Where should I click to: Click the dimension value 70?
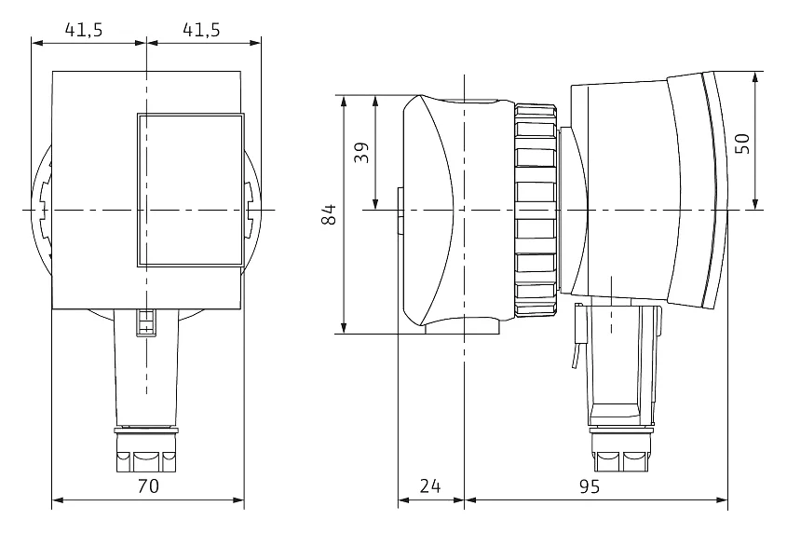(148, 485)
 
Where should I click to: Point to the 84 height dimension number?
(329, 214)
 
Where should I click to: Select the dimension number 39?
(361, 152)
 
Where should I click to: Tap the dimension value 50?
(742, 143)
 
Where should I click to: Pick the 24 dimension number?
(430, 485)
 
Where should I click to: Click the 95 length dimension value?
(590, 485)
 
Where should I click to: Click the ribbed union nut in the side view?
(536, 210)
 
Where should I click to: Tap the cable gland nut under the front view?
(146, 450)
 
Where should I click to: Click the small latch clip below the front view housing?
(145, 322)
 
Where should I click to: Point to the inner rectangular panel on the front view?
(191, 190)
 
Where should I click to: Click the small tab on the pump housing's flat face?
(400, 211)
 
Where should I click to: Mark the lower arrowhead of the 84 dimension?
(344, 328)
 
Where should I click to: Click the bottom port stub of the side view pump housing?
(462, 325)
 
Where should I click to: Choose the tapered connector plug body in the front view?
(146, 368)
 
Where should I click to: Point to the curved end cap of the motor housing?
(699, 191)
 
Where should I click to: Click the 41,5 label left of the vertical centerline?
(84, 30)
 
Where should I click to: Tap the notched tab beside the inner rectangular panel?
(250, 210)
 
